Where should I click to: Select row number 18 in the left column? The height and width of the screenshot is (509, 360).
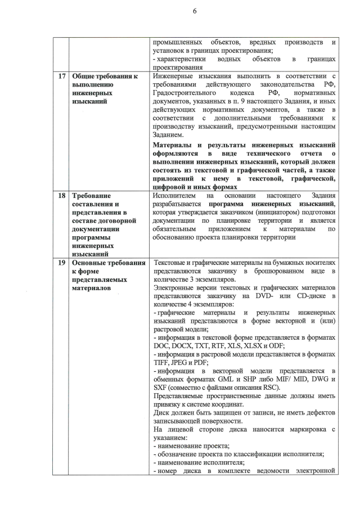[60, 195]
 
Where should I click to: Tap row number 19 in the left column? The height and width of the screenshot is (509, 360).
[60, 263]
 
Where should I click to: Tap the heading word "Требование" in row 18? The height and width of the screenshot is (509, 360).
[91, 195]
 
